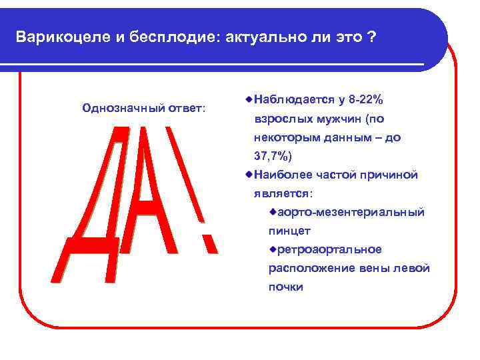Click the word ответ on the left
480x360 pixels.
tap(185, 107)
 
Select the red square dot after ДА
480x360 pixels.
tap(209, 244)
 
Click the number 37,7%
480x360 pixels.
tap(273, 155)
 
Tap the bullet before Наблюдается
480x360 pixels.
tap(248, 99)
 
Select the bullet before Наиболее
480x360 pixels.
tap(248, 175)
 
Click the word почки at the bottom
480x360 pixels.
tap(285, 287)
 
